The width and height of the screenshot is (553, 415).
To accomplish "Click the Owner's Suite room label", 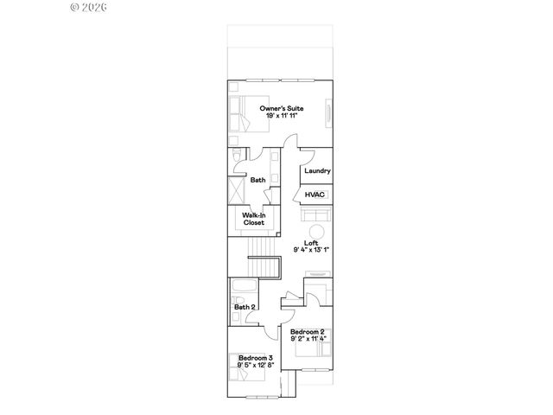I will coord(282,108).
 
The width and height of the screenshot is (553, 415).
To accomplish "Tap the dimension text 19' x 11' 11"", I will coord(282,116).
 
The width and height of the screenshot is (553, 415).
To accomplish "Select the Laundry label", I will coord(317,171).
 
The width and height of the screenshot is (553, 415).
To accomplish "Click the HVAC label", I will coord(315,195).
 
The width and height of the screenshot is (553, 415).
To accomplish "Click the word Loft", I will coord(311,243).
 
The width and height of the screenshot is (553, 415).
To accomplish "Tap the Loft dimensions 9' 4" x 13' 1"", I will coord(311,251).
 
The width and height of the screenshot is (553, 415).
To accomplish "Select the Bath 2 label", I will coord(245,307).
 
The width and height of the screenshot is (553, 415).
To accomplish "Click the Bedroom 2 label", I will coord(308,332).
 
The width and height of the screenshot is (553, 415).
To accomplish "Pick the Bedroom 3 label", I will coord(256,358).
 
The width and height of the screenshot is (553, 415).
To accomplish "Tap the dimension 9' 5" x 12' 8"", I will coord(256,366).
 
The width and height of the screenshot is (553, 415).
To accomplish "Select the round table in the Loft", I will coord(317,230).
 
